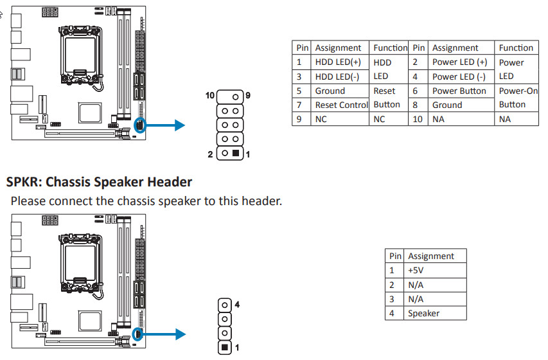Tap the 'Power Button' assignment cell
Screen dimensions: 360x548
(459, 91)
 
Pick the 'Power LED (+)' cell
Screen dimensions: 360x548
(459, 62)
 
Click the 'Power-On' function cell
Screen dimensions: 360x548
(518, 91)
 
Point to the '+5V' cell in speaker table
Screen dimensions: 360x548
(415, 271)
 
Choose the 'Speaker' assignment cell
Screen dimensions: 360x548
(423, 313)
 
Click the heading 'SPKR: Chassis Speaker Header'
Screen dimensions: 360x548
(99, 182)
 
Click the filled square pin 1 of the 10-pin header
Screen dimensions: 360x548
(236, 154)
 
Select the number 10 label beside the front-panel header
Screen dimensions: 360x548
(209, 95)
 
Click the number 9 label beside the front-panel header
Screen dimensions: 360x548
(247, 95)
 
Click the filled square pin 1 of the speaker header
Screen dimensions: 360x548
(225, 348)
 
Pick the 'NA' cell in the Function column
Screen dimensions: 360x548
(505, 119)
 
